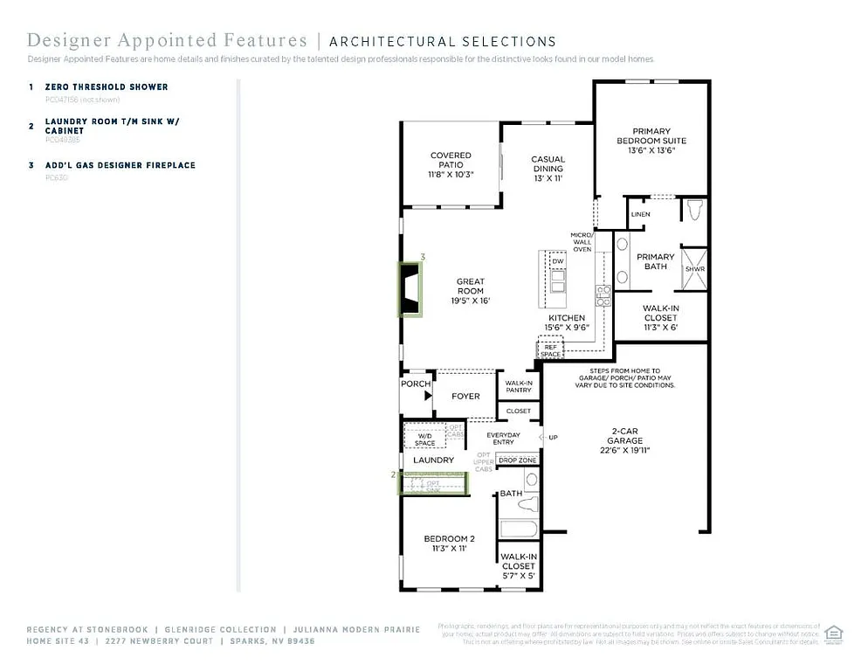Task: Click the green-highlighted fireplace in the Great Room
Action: (x=410, y=289)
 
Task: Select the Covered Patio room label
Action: (x=451, y=164)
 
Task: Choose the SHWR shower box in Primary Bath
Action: (x=694, y=269)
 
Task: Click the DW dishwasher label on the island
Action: (x=557, y=261)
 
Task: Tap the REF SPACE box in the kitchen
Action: (x=550, y=350)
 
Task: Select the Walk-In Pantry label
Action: (x=518, y=386)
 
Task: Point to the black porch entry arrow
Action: (x=427, y=396)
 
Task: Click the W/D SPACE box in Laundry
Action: (x=424, y=439)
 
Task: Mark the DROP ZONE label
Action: (x=518, y=460)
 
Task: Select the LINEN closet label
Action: (x=640, y=214)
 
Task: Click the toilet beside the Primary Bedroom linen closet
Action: (x=694, y=211)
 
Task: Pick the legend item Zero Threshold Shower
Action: (x=107, y=87)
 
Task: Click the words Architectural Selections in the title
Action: (x=442, y=41)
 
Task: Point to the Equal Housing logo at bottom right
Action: (x=833, y=633)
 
